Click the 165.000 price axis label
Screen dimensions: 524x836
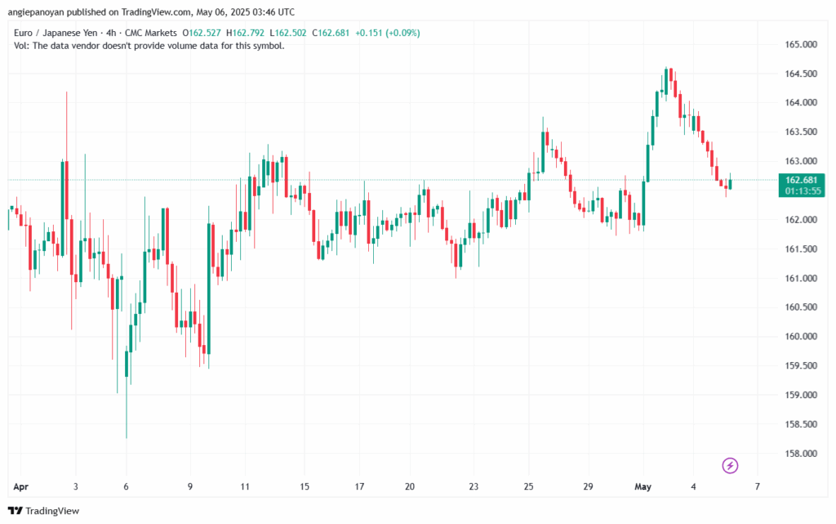pos(800,44)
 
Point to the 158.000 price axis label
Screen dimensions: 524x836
pos(800,454)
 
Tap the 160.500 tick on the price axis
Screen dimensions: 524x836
pos(800,307)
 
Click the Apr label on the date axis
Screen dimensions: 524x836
pos(20,486)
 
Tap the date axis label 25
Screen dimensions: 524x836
pos(529,486)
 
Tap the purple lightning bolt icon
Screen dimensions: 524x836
pos(731,466)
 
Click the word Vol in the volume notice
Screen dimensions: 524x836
pos(22,46)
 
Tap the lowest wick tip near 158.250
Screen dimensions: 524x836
pos(127,437)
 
